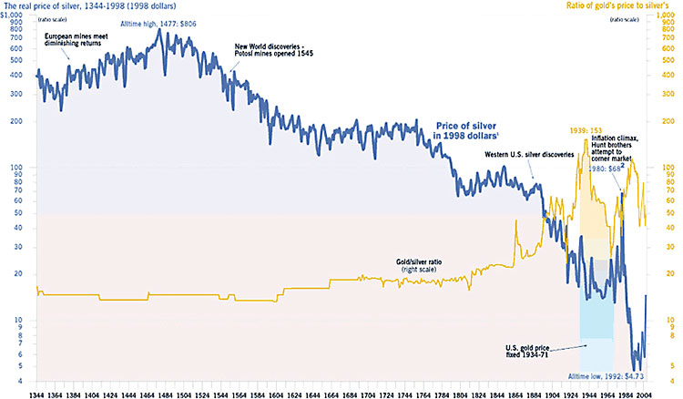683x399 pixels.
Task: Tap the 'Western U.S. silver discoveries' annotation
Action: [x=529, y=155]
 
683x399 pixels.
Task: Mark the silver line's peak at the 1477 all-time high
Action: [x=159, y=30]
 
